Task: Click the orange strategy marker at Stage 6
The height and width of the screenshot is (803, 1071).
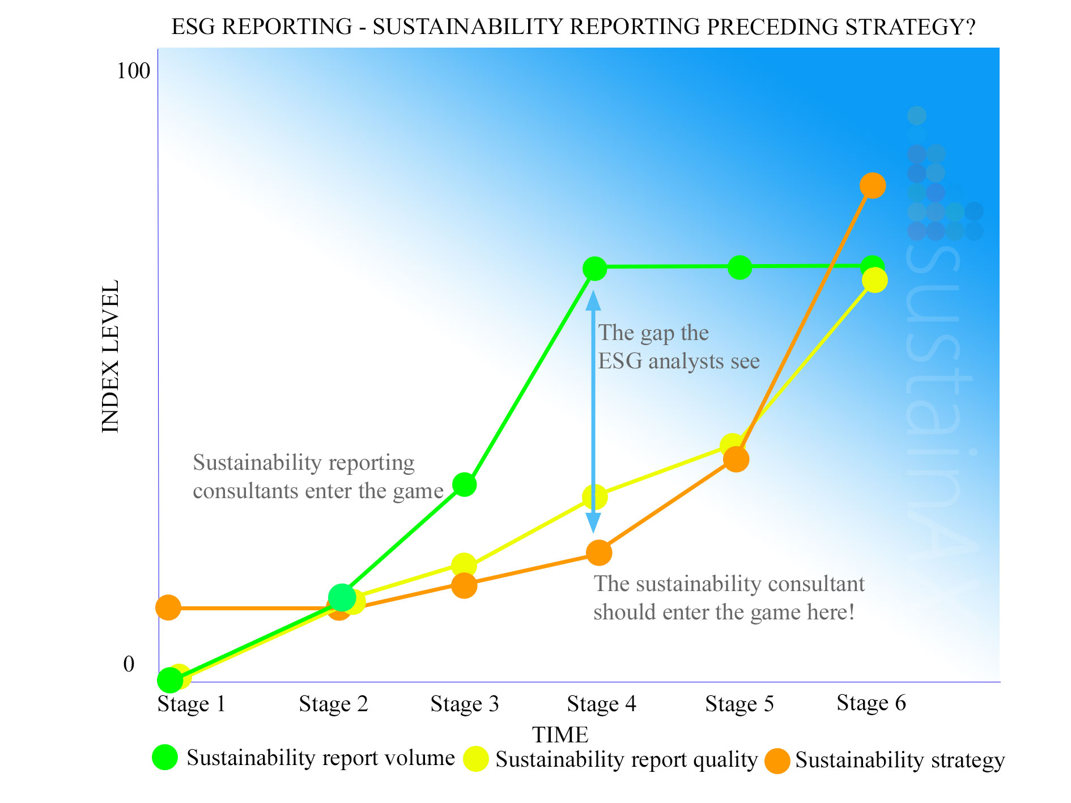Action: [x=873, y=186]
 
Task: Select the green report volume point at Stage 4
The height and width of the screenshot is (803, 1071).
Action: [x=594, y=268]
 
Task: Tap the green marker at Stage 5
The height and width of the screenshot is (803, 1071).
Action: [x=739, y=267]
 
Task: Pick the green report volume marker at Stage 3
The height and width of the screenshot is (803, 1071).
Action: [x=464, y=485]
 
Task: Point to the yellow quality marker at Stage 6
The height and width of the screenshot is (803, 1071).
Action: [x=875, y=281]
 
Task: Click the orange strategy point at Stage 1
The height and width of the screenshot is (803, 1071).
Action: [x=168, y=607]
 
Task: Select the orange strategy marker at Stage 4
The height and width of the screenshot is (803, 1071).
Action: [x=599, y=553]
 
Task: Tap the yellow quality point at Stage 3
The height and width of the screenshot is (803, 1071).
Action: [x=464, y=565]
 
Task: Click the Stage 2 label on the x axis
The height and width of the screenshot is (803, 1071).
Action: [x=333, y=704]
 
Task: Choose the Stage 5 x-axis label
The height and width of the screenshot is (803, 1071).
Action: [x=739, y=704]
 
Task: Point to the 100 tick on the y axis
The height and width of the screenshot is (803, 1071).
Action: [x=133, y=71]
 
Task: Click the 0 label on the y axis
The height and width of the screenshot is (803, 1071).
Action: [x=129, y=664]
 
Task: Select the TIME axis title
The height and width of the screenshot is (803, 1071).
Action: [x=560, y=735]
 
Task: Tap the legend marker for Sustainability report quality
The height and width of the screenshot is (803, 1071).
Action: [x=476, y=759]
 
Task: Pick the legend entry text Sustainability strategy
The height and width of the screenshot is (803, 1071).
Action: [x=899, y=760]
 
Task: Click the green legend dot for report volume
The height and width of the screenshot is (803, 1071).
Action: [x=165, y=757]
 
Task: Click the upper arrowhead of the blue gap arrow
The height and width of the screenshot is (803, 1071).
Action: [x=593, y=299]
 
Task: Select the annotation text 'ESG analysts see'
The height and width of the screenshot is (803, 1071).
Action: [x=678, y=361]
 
